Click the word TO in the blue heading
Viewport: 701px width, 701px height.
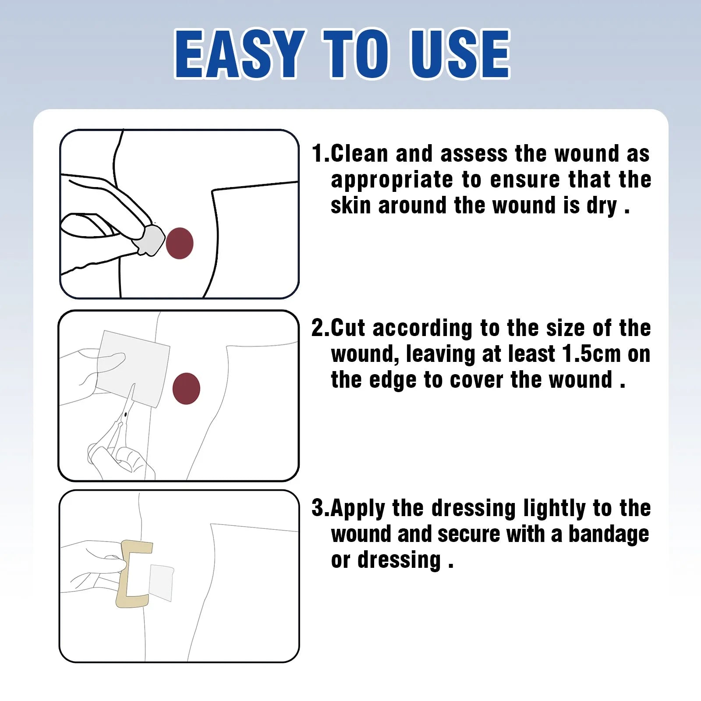tap(356, 55)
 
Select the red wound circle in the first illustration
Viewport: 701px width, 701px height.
tap(179, 243)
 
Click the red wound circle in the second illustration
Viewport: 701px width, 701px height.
tap(186, 389)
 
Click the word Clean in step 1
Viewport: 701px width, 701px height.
tap(359, 154)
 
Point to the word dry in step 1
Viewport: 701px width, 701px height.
tap(602, 206)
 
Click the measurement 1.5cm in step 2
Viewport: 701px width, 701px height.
tap(591, 354)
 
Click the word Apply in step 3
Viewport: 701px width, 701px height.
tap(358, 509)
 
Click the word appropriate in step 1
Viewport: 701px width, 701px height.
tap(392, 180)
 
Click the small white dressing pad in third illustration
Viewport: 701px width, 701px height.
tap(161, 583)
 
